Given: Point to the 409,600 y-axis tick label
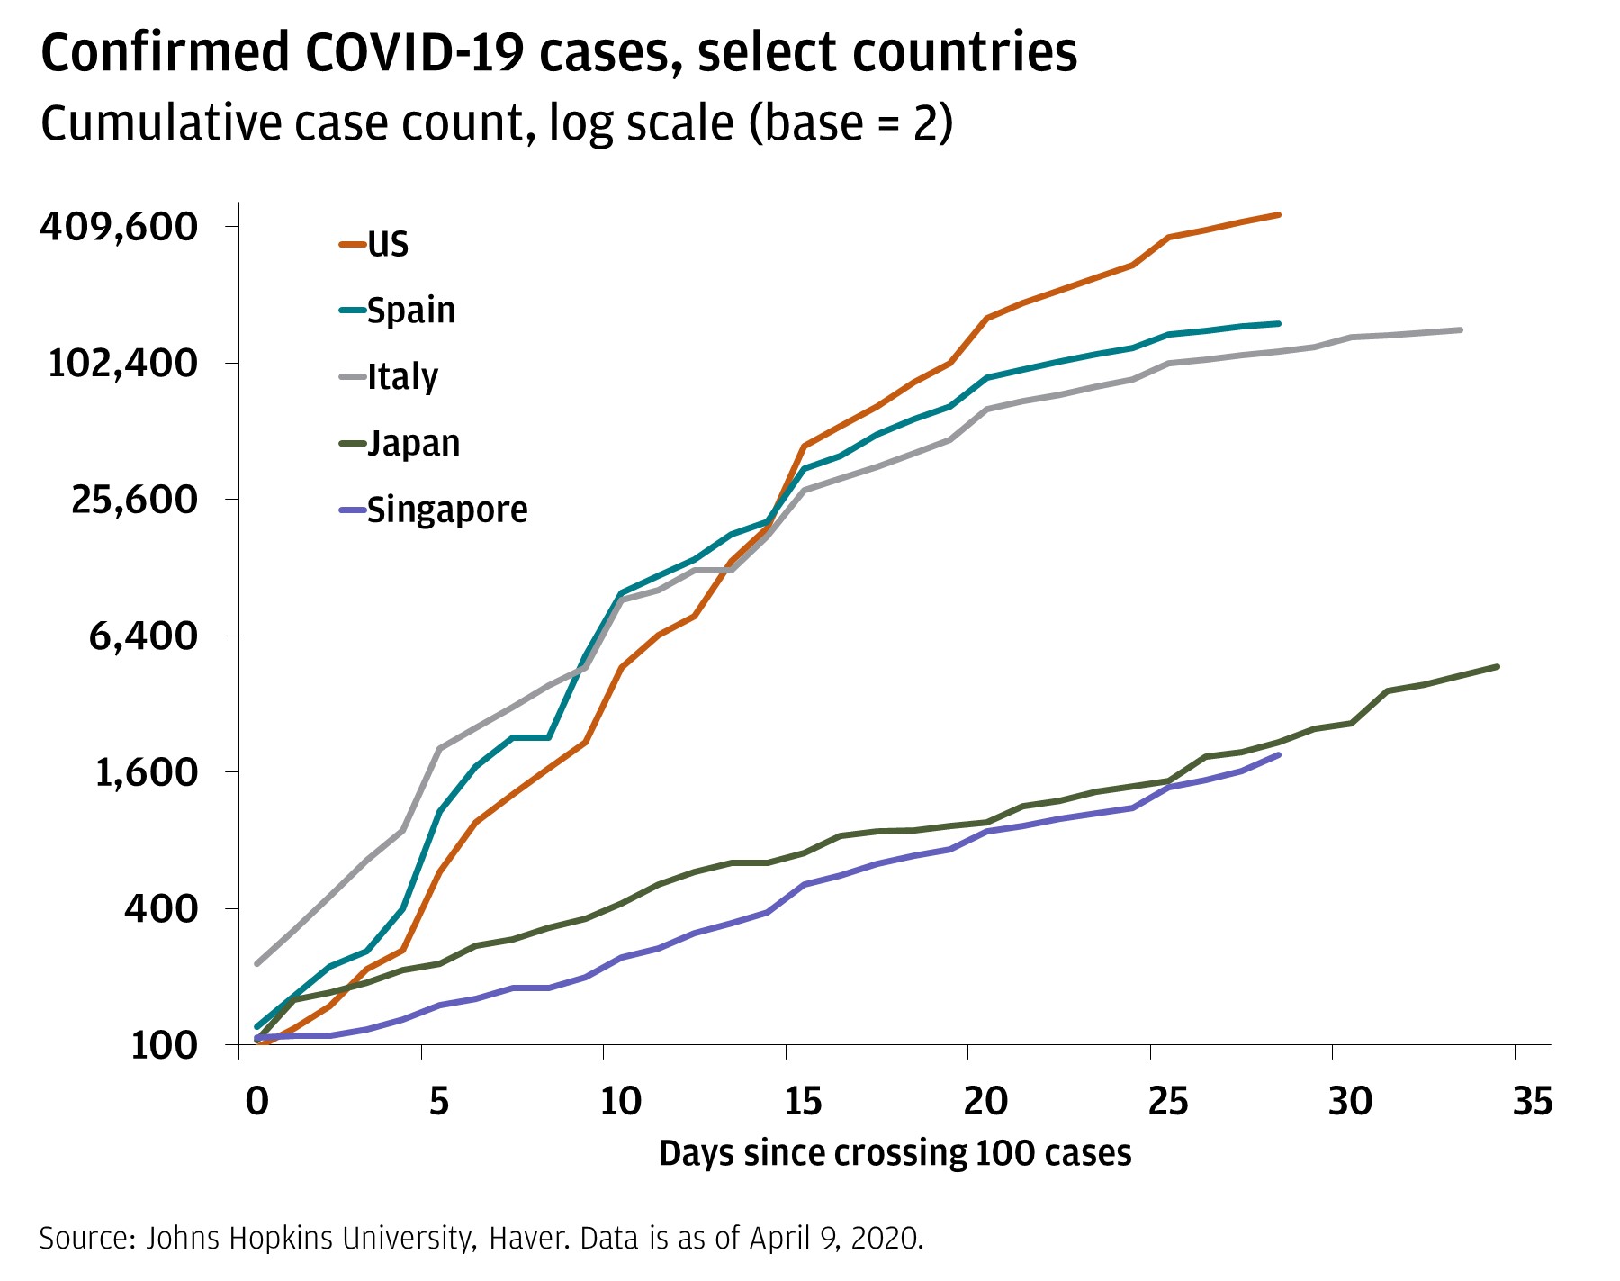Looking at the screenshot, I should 119,226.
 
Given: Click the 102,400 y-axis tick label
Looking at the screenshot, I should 123,363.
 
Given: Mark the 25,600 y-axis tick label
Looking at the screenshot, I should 134,499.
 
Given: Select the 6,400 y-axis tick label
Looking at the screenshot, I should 143,636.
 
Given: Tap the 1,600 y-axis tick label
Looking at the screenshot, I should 146,772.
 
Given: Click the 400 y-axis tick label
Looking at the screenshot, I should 161,908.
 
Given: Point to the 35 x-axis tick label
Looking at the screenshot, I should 1533,1100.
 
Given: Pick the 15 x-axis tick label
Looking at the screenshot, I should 803,1100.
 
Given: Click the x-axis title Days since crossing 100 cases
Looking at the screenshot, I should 895,1153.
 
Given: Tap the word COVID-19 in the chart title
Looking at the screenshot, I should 415,51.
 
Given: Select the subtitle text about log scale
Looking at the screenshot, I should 496,122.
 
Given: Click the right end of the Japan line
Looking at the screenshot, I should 1497,666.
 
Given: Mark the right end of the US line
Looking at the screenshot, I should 1279,214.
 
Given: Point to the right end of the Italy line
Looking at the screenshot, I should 1460,329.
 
